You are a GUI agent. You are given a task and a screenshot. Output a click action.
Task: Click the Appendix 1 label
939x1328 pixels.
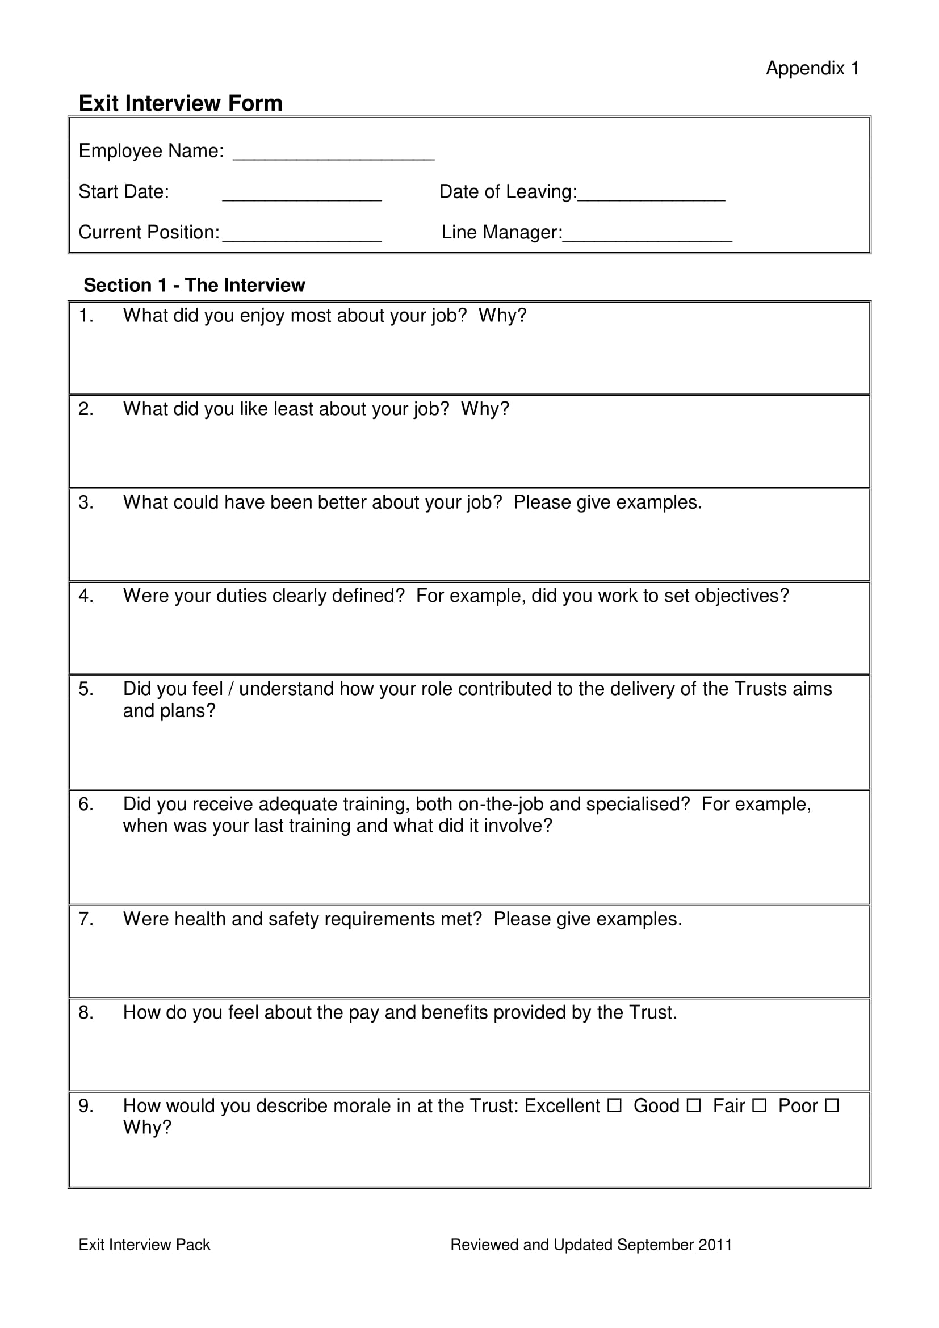point(812,68)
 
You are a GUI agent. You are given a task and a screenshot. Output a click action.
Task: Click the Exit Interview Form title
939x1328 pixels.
point(181,103)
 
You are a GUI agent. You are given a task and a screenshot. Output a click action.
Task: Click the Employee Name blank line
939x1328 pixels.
point(333,155)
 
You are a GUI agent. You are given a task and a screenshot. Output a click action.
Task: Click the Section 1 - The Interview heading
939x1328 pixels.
point(194,285)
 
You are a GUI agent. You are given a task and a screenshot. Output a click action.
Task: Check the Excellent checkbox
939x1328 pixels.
point(614,1105)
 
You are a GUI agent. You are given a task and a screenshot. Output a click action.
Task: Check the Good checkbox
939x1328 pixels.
point(693,1105)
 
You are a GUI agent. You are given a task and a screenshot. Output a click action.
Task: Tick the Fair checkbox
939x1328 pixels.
point(758,1105)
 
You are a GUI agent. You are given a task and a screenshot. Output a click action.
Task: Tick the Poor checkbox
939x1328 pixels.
point(832,1105)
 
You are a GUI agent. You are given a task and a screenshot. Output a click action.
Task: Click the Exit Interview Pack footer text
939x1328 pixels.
point(144,1245)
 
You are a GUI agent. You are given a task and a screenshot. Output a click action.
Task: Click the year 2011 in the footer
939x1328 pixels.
point(715,1245)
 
